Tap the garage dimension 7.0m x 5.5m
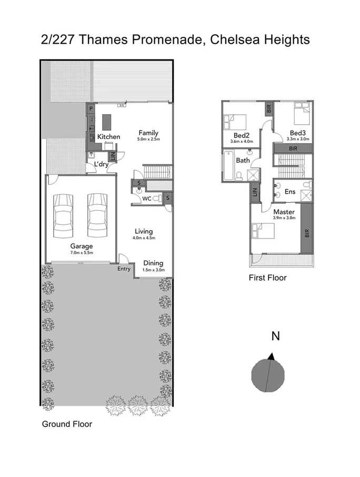(x=82, y=253)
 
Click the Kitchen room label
(x=108, y=137)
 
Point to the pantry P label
(x=91, y=108)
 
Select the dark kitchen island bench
(x=107, y=122)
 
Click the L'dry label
(x=101, y=164)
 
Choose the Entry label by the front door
(x=124, y=269)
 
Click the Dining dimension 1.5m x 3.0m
(x=153, y=270)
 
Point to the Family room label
(x=148, y=133)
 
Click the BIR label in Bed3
(x=293, y=149)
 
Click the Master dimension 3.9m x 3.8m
(x=284, y=217)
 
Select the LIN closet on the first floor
(x=255, y=193)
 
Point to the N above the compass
(x=274, y=336)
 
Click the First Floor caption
(x=267, y=277)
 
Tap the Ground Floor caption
(x=67, y=424)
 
